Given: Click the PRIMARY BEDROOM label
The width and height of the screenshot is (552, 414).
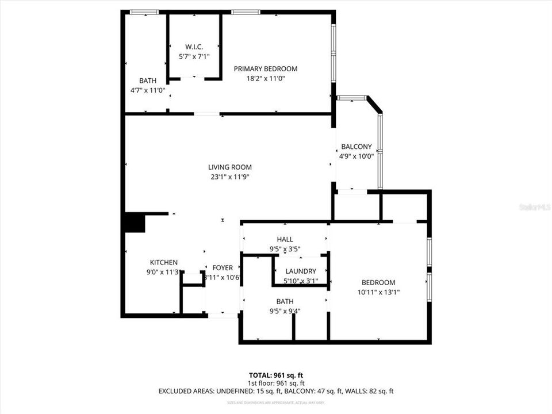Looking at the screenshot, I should (x=265, y=69).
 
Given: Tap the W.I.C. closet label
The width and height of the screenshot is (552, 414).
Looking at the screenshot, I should (x=193, y=47).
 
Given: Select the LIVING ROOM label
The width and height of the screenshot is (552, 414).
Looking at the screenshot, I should (x=230, y=167).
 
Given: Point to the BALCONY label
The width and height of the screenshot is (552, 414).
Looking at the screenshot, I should (x=356, y=147).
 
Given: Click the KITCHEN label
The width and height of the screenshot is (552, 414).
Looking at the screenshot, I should (x=164, y=262).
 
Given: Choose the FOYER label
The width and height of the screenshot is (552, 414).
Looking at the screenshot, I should (x=223, y=268).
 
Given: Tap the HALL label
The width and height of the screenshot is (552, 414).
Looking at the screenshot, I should (x=285, y=239).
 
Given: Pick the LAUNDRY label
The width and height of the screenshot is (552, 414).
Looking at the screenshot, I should (x=300, y=271).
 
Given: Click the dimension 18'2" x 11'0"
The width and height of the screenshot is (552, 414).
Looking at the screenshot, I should (x=265, y=79).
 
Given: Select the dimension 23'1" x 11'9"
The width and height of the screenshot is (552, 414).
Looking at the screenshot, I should (x=230, y=177).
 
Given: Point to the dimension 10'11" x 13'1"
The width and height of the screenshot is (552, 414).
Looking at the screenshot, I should (x=378, y=292).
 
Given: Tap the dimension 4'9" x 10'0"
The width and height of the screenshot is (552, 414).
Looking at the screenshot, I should (x=356, y=156).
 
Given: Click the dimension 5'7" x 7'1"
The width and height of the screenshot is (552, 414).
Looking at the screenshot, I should (x=193, y=56).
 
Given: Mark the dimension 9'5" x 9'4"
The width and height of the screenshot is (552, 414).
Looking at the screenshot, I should (x=285, y=311).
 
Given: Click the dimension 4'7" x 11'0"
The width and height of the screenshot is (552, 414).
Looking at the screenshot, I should (x=148, y=90).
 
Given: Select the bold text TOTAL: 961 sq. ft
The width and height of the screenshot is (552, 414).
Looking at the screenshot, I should (x=276, y=375).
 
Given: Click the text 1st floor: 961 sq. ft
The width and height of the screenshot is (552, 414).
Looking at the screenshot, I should (x=276, y=383).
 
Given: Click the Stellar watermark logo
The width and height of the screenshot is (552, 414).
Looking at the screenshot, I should (x=534, y=206).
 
